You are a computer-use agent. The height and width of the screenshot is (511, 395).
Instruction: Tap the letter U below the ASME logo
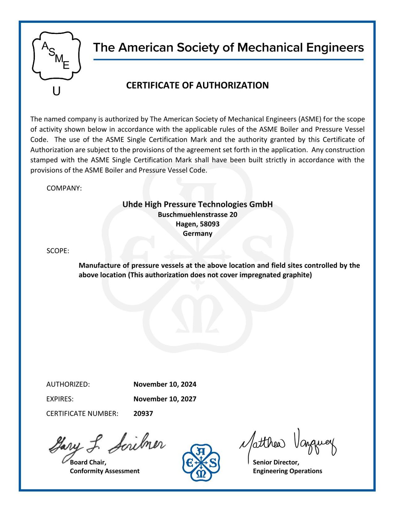click(x=56, y=91)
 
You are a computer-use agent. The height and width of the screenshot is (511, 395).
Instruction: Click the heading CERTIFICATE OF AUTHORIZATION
click(x=197, y=85)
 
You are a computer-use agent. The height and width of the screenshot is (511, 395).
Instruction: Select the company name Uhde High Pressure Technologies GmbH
click(x=197, y=204)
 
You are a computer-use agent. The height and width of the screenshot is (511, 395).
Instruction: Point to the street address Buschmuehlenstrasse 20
click(x=197, y=214)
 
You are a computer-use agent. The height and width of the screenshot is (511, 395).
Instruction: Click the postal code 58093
click(x=210, y=224)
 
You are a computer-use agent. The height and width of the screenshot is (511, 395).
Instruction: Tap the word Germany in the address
click(x=197, y=233)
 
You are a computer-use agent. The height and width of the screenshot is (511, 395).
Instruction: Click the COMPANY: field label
click(x=64, y=188)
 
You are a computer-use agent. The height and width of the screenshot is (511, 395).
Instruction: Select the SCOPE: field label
click(x=58, y=251)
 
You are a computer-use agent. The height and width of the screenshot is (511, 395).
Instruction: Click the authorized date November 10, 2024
click(x=165, y=384)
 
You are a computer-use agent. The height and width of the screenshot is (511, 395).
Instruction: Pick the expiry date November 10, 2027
click(x=165, y=399)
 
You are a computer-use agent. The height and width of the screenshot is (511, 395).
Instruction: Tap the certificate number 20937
click(x=143, y=413)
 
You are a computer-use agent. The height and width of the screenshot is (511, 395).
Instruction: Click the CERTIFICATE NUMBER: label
click(x=82, y=413)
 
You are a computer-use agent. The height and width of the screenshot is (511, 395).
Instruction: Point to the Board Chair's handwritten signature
click(x=106, y=445)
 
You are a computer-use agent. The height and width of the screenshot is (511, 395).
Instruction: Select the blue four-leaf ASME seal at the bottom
click(x=201, y=462)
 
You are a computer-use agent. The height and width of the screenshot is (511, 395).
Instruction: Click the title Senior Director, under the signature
click(x=276, y=462)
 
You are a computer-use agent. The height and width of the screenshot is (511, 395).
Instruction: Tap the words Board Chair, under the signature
click(x=88, y=462)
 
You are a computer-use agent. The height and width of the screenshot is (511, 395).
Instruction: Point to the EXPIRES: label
click(x=60, y=399)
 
